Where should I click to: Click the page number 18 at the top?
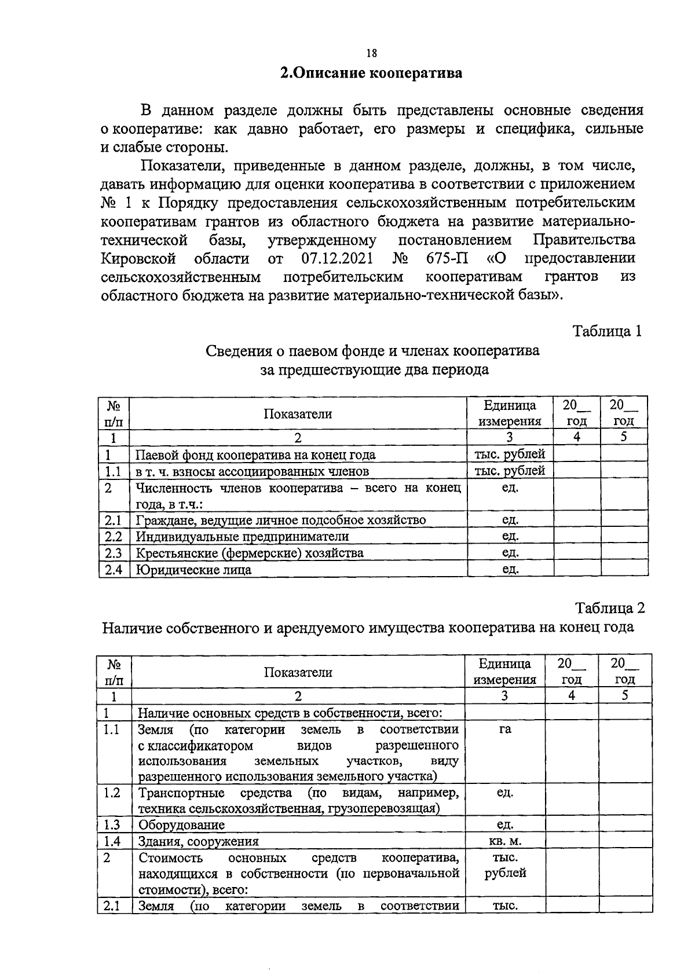pos(371,53)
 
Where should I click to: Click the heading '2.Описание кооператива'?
pos(371,74)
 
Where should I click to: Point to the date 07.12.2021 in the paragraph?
pos(337,258)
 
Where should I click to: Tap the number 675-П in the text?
pos(448,258)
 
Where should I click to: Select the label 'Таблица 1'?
pos(608,331)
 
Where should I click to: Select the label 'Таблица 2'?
pos(609,608)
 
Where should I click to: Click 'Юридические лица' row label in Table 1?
pos(193,570)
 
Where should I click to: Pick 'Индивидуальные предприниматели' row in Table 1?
pos(242,536)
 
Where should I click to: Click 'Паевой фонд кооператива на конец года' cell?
pos(255,454)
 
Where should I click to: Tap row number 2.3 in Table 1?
pos(114,553)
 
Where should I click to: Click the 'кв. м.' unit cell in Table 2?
pos(504,841)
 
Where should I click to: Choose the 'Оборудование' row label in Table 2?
pos(181,825)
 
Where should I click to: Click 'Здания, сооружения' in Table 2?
pos(198,841)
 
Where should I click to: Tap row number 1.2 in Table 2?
pos(112,793)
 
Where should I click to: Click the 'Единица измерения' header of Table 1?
pos(510,413)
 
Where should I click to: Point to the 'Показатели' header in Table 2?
pos(298,672)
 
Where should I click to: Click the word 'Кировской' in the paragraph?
pos(138,258)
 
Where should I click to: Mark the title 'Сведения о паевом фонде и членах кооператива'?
pos(372,351)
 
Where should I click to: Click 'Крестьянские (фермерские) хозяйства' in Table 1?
pos(250,553)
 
